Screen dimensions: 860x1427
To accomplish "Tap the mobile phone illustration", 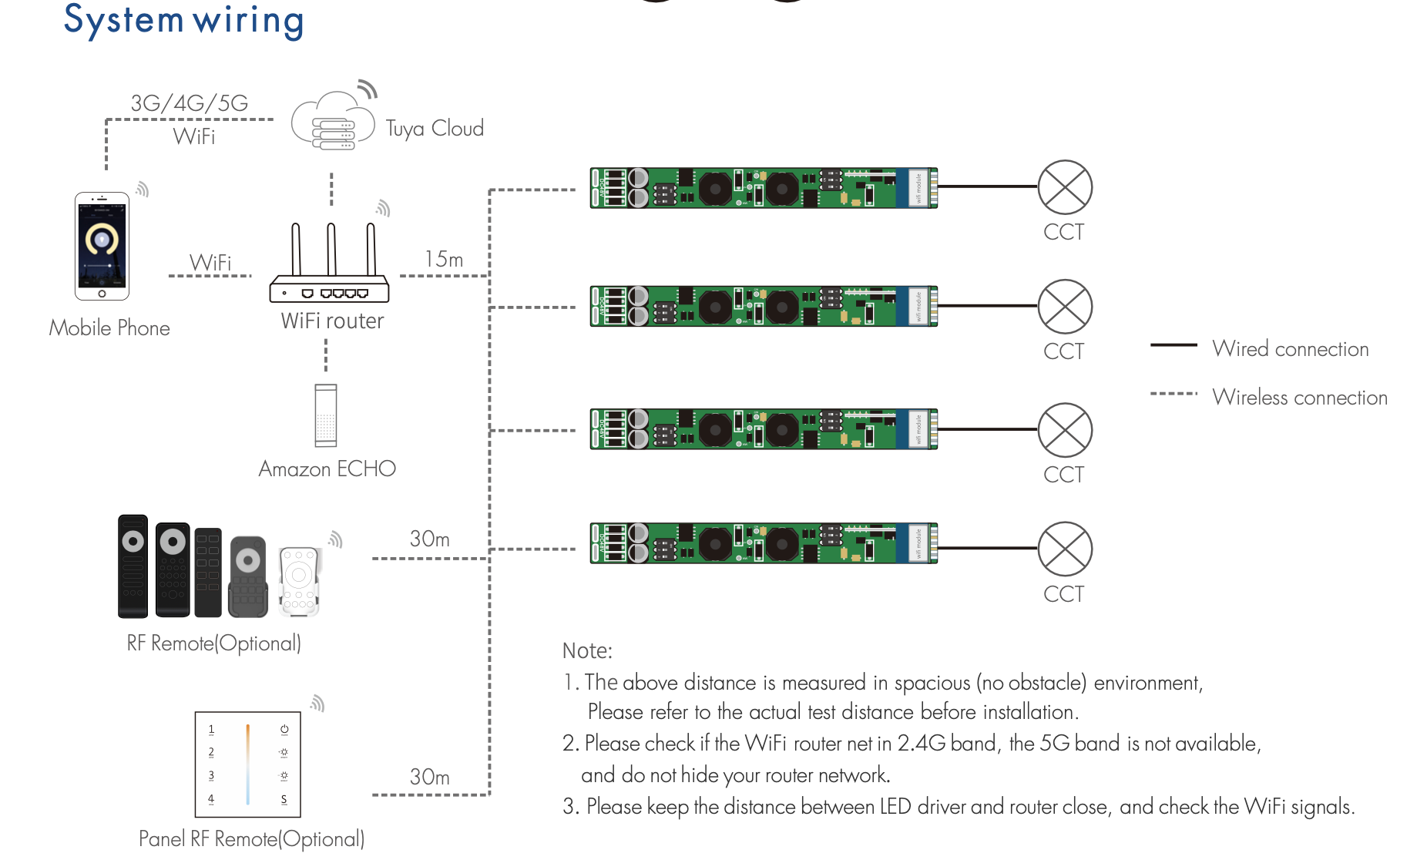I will point(102,246).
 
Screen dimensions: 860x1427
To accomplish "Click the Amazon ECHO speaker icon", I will point(326,415).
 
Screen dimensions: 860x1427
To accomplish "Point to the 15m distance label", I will point(444,260).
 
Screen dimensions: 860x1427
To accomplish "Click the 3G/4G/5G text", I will point(190,103).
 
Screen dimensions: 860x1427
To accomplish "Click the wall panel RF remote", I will point(247,764).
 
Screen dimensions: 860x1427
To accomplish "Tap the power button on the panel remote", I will point(284,729).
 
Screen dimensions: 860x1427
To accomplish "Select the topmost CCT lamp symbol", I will point(1065,187).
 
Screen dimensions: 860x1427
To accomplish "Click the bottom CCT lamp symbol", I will point(1065,549).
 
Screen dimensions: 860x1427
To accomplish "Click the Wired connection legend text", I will point(1291,349).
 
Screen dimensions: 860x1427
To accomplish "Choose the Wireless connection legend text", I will point(1300,398).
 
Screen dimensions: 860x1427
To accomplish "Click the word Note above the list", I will point(587,651).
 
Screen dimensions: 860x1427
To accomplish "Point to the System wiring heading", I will point(184,20).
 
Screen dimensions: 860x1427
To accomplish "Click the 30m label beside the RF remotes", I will point(429,539).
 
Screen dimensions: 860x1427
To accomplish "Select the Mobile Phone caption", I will point(109,328).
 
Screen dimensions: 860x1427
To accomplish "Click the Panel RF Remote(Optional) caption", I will point(251,838).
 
